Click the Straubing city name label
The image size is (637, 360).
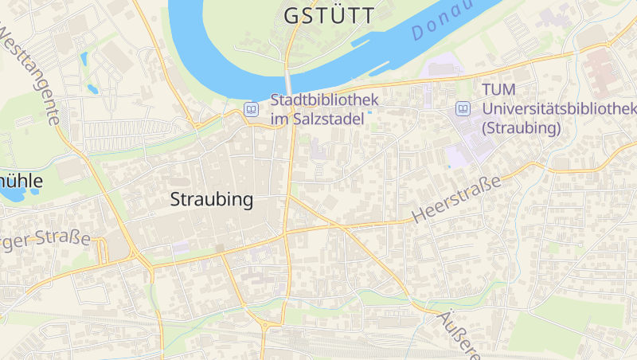pyautogui.click(x=212, y=200)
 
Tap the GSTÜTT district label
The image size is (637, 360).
pyautogui.click(x=329, y=15)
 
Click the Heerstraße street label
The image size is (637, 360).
pyautogui.click(x=457, y=199)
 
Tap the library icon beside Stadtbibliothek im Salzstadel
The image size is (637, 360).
pyautogui.click(x=252, y=109)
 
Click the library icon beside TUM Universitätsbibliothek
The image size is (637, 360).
pyautogui.click(x=463, y=108)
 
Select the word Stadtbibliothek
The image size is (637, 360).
pyautogui.click(x=324, y=101)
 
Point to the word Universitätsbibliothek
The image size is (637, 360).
pyautogui.click(x=560, y=109)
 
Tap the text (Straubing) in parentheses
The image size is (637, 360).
pyautogui.click(x=522, y=127)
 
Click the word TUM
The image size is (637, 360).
pyautogui.click(x=498, y=91)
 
